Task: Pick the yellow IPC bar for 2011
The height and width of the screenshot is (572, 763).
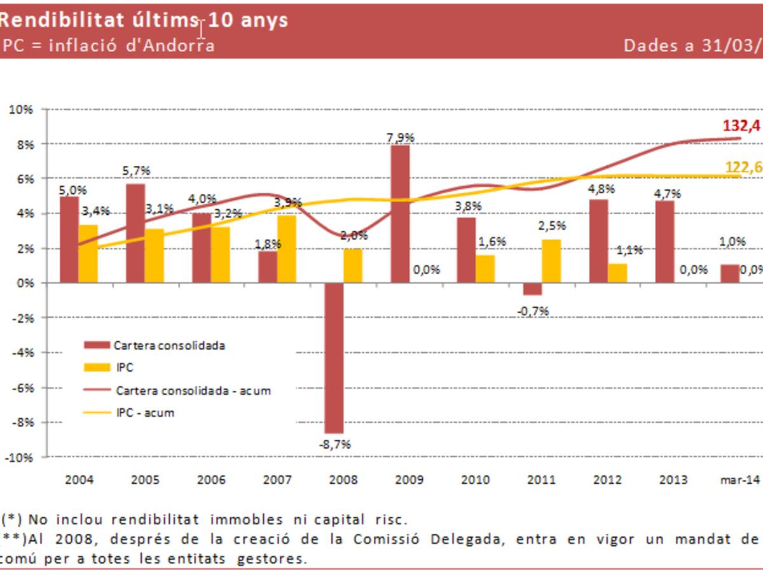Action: pos(551,261)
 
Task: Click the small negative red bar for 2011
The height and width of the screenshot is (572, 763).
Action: pos(533,289)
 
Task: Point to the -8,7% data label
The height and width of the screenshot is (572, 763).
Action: pos(334,444)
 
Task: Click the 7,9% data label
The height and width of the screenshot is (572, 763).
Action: pos(400,137)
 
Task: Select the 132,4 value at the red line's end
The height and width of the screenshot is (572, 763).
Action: pos(741,126)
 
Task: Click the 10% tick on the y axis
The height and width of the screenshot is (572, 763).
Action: pos(21,109)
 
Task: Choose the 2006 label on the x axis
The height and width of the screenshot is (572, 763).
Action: pos(211,480)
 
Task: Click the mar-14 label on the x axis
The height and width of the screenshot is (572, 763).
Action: pos(740,480)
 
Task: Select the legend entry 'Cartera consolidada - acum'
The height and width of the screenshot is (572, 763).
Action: pos(193,390)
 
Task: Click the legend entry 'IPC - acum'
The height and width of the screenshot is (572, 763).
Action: pos(145,412)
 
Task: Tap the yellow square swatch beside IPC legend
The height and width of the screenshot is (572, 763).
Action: pos(97,367)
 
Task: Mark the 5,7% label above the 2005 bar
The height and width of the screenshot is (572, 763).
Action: pos(137,171)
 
